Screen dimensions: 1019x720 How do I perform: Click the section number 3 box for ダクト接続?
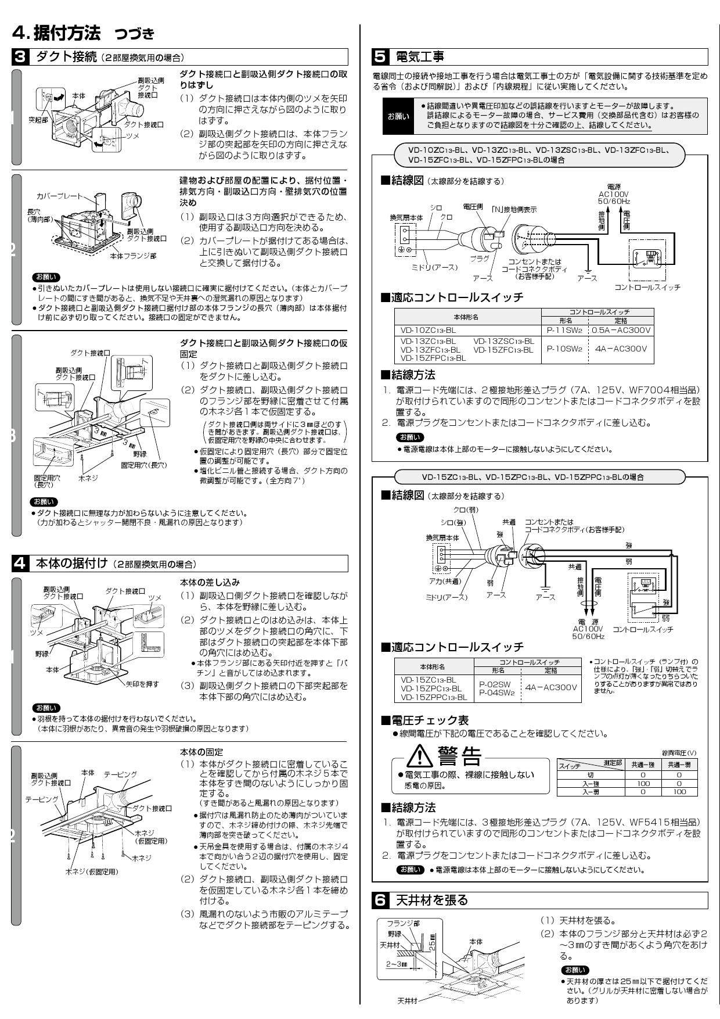20,57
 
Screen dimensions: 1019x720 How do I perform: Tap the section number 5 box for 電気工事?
380,57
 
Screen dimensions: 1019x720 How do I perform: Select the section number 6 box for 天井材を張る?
380,900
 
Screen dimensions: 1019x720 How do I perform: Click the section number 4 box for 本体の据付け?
20,563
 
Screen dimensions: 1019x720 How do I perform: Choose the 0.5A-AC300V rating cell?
621,330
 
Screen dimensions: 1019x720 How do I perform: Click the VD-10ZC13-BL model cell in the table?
429,330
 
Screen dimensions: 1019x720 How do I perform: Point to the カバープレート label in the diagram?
59,196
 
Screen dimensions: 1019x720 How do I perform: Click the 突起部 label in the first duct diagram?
38,119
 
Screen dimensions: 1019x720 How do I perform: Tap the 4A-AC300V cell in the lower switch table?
551,687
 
